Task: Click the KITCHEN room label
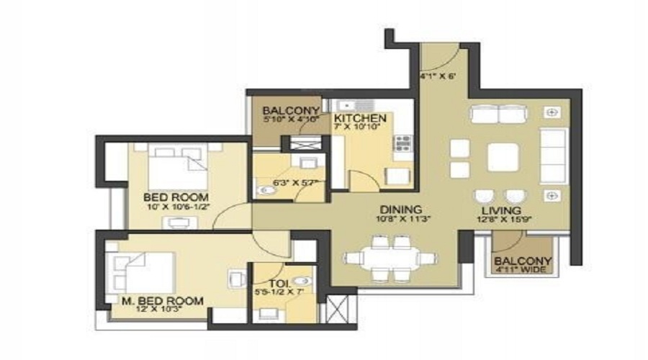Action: pyautogui.click(x=360, y=117)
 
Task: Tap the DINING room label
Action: pyautogui.click(x=394, y=211)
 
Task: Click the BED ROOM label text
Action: pyautogui.click(x=176, y=197)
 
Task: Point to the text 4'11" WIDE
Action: pyautogui.click(x=522, y=270)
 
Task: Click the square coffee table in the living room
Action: pyautogui.click(x=503, y=156)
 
